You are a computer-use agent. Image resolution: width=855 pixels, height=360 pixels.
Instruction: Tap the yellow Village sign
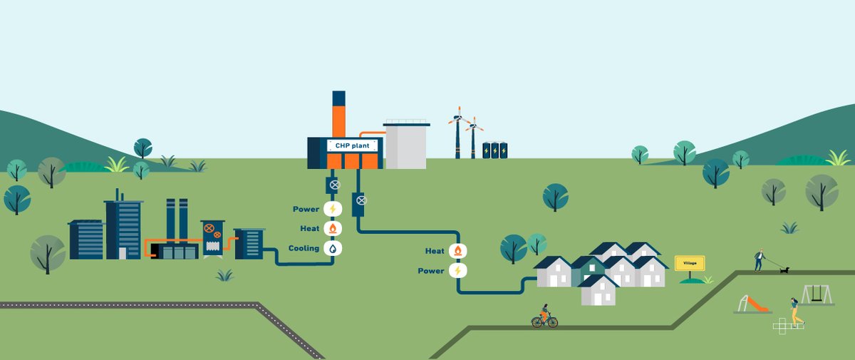click(x=690, y=264)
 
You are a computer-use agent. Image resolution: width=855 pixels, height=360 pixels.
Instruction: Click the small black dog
click(x=784, y=269)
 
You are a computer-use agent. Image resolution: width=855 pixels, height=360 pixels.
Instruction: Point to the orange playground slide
click(x=754, y=304)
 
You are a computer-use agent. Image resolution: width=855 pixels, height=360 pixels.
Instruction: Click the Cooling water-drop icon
click(x=333, y=248)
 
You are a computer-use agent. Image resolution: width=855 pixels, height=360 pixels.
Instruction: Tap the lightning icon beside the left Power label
click(x=333, y=209)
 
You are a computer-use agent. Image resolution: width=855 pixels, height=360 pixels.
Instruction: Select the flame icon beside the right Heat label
click(x=457, y=251)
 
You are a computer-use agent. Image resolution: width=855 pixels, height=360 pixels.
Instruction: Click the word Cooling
click(x=304, y=249)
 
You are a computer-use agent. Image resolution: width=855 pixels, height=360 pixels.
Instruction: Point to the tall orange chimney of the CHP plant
click(x=339, y=118)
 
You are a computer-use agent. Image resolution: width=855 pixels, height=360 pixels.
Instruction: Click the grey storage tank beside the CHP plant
click(x=405, y=145)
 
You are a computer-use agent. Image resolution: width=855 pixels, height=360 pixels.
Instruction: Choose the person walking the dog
click(x=760, y=259)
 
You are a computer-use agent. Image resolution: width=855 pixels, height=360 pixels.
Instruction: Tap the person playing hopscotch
click(x=794, y=311)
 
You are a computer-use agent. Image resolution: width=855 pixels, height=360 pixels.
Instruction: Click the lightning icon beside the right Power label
click(x=457, y=271)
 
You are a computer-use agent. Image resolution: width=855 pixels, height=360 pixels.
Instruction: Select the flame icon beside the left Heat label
click(x=333, y=229)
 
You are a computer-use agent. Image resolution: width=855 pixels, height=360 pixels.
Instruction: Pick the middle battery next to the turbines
click(x=495, y=150)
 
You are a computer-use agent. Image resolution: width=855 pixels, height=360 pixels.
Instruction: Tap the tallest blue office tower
click(x=123, y=230)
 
